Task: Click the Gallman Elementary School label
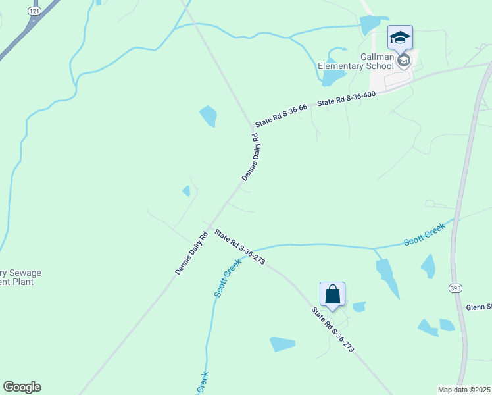tap(355, 61)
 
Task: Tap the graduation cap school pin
tap(399, 38)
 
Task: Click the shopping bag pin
tap(332, 294)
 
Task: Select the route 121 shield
tap(34, 12)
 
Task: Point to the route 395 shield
tap(455, 288)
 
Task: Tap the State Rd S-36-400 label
tap(346, 99)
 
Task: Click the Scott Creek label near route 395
tap(424, 234)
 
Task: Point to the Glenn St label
tap(479, 307)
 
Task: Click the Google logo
tap(22, 387)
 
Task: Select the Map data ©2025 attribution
tap(464, 390)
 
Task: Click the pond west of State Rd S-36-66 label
tap(209, 116)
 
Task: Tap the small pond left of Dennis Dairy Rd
tap(187, 191)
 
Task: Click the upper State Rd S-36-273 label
tap(239, 247)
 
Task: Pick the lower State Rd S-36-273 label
tap(332, 330)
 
